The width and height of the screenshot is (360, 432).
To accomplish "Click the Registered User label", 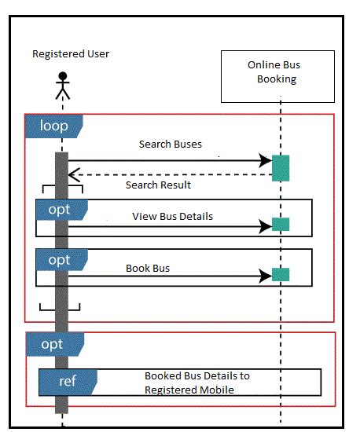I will pyautogui.click(x=71, y=53).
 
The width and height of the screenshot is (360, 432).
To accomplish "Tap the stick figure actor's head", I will pyautogui.click(x=63, y=76).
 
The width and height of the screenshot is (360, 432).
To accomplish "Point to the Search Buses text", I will pyautogui.click(x=170, y=145).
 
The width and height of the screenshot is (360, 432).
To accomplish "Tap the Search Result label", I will pyautogui.click(x=158, y=185).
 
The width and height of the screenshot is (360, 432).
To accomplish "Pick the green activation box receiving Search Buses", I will pyautogui.click(x=281, y=167).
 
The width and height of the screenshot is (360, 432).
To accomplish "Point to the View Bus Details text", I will pyautogui.click(x=172, y=216).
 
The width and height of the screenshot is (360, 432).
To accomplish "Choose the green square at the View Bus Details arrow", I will pyautogui.click(x=281, y=224).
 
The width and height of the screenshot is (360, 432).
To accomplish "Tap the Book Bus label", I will pyautogui.click(x=148, y=268).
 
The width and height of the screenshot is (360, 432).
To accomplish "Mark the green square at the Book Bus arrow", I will pyautogui.click(x=281, y=274).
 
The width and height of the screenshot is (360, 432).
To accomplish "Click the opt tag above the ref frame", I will pyautogui.click(x=51, y=344).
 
